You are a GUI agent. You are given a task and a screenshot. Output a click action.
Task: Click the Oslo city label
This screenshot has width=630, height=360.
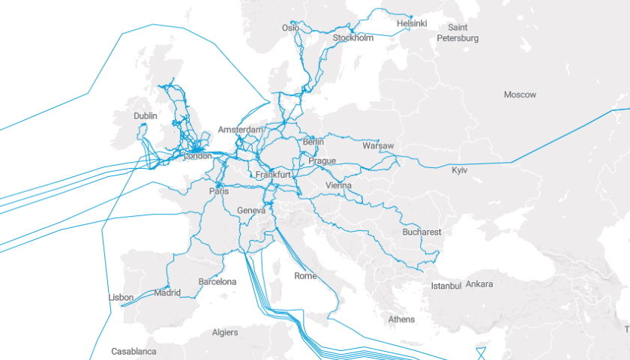[x=290, y=28]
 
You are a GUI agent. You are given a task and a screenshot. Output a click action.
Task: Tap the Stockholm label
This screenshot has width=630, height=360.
[x=352, y=37]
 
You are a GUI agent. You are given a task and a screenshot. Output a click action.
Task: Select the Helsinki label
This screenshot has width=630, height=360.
[x=412, y=23]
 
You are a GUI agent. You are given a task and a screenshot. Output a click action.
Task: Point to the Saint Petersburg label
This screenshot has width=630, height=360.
[x=457, y=32]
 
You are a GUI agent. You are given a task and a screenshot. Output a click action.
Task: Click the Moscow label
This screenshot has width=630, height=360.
[x=520, y=95]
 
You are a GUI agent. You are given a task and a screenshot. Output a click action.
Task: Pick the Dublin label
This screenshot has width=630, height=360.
[x=145, y=116]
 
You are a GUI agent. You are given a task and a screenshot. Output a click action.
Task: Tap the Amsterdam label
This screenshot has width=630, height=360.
[x=241, y=130]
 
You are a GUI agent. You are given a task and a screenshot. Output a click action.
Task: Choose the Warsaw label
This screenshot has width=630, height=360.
[x=377, y=145]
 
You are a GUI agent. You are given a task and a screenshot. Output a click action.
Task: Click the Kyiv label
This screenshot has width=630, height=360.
[x=459, y=171]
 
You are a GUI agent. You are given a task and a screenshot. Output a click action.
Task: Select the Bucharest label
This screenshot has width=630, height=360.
[x=421, y=232]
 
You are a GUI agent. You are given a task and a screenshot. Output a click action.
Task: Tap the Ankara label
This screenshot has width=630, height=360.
[x=479, y=284]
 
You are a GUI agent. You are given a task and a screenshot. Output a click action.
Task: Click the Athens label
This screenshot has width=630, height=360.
[x=401, y=319]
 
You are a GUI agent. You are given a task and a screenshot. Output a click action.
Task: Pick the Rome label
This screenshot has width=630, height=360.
[x=305, y=276]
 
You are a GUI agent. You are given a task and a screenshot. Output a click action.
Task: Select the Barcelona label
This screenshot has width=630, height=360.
[x=217, y=282]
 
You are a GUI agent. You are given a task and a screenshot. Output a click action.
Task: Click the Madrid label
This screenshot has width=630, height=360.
[x=167, y=292]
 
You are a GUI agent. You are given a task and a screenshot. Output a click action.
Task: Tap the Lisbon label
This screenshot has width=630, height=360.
[x=121, y=298]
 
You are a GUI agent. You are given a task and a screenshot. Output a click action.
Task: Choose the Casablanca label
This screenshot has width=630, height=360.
[x=133, y=351]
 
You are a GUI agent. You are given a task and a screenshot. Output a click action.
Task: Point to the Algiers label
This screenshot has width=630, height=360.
[x=225, y=332]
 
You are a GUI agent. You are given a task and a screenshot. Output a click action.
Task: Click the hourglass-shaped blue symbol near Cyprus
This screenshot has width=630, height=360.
[x=481, y=352]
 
